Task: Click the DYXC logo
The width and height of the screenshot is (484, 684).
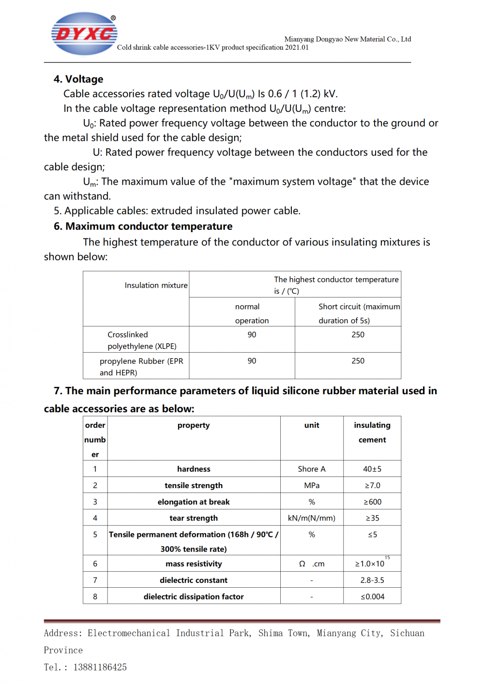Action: coord(84,33)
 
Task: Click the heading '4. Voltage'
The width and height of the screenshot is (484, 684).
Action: coord(78,79)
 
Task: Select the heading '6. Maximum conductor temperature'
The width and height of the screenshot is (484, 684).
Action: coord(143,226)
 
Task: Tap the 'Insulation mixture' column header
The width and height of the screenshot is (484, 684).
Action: coord(156,285)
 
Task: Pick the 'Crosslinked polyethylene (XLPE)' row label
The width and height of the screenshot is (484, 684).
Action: coord(142,340)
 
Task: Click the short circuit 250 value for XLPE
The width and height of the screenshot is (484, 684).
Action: coord(358,335)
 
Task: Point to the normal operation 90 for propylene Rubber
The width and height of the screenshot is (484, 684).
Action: coord(252,361)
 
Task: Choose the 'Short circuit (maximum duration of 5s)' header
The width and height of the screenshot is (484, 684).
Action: coord(359,313)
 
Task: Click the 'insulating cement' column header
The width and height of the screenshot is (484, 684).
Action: coord(372,432)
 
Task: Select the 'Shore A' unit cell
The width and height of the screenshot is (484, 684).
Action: coord(312,469)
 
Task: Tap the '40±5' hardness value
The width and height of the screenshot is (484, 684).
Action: coord(372,469)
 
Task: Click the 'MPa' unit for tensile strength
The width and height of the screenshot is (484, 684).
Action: coord(312,485)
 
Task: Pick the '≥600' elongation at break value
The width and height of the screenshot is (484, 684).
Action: coord(372,502)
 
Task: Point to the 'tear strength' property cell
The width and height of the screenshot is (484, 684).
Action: coord(194,518)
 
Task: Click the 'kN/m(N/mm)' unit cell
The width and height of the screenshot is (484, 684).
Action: coord(312,518)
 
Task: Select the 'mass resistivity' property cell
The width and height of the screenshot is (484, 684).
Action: coord(194,564)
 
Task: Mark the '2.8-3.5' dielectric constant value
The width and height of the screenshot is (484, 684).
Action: coord(372,580)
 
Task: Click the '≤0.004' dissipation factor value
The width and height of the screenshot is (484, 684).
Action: coord(372,596)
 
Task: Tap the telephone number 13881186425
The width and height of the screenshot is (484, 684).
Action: coord(100,667)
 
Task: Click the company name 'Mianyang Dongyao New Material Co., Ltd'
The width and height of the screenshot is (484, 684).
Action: coord(348,39)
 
